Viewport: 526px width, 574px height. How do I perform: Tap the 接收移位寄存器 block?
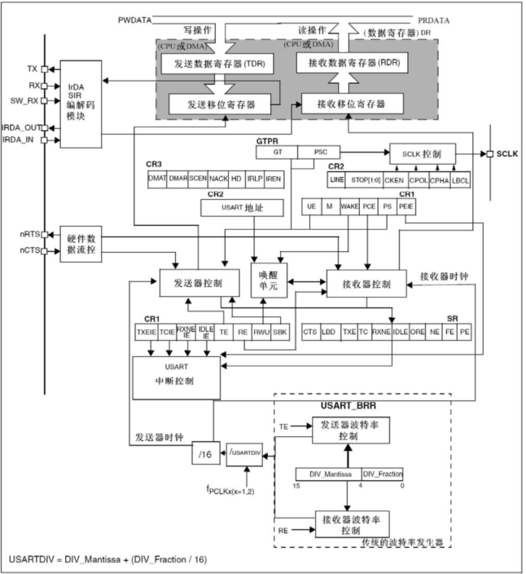point(353,104)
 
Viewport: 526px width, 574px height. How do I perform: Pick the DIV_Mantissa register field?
point(327,474)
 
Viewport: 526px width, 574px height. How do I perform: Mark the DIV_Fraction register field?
point(382,474)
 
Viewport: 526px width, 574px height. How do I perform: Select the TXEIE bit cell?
point(145,333)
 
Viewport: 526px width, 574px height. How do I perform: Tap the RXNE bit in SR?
point(380,333)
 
